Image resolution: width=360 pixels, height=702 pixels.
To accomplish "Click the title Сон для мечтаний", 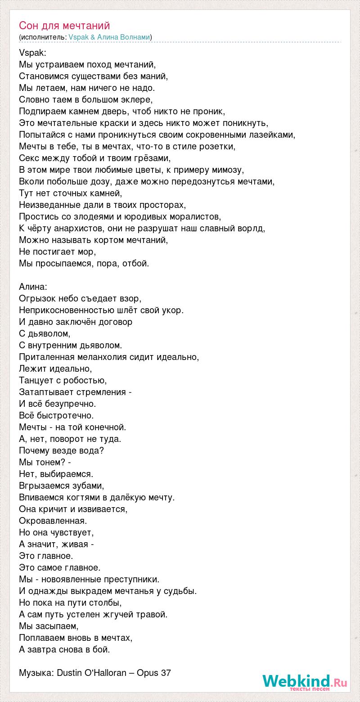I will coord(64,26).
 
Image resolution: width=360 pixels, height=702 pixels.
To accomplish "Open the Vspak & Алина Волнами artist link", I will coord(109,37).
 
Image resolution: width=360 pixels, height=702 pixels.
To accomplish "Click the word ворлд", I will coord(251,228).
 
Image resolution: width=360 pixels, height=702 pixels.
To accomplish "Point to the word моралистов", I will coord(194,216).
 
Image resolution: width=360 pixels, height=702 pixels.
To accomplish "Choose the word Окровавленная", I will coord(53,521).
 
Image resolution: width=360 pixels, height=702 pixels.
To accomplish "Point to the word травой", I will coord(153,614).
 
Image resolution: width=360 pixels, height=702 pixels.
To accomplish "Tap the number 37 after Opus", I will coord(166,673).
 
